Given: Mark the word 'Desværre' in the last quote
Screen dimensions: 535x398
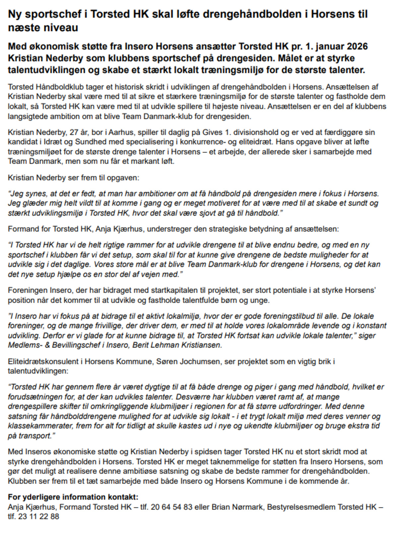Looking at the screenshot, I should click(190, 397).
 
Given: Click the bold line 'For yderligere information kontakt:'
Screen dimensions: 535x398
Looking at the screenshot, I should click(73, 497).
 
